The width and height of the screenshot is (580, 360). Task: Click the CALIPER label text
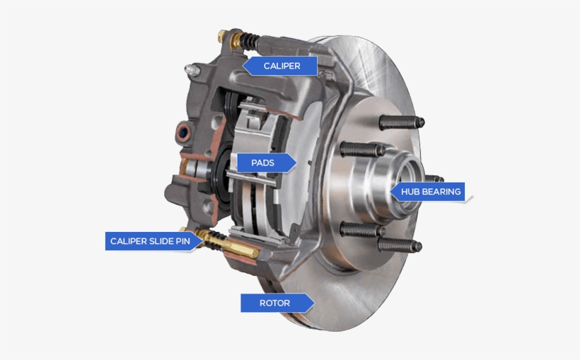click(282, 66)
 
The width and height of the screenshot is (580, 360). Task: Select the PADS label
click(262, 163)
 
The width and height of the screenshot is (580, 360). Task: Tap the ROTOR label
click(275, 303)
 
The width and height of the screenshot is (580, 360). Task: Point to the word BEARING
click(443, 192)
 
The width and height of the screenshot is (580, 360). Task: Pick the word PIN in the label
click(182, 241)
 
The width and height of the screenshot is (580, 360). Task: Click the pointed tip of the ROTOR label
click(313, 303)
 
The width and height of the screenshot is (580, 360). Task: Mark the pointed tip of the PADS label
click(296, 163)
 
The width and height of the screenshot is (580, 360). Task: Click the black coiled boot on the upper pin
click(248, 41)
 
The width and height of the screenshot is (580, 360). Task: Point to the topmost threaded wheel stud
click(401, 122)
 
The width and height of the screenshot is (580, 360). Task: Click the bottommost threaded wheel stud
click(400, 245)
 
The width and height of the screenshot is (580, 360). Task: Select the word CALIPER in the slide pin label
click(128, 241)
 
